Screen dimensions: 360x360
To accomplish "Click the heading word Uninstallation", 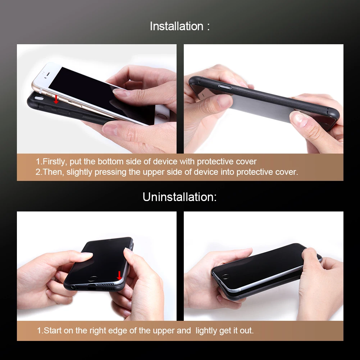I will (x=179, y=197).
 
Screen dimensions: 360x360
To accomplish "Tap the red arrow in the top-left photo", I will (x=56, y=99).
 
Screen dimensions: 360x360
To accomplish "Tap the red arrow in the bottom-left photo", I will (x=119, y=275).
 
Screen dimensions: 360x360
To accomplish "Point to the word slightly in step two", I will (x=79, y=172).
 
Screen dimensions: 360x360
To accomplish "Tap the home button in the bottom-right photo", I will (x=226, y=277).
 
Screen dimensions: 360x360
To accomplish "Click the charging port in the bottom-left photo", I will (x=91, y=288).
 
